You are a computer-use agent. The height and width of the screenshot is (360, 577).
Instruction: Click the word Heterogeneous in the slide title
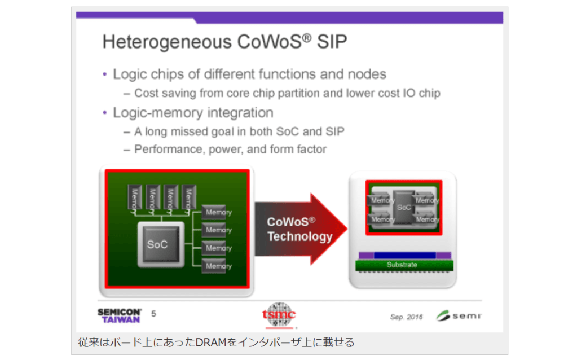click(167, 42)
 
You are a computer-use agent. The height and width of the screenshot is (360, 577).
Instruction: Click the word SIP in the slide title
click(332, 42)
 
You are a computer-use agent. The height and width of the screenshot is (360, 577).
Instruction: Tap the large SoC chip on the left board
click(161, 244)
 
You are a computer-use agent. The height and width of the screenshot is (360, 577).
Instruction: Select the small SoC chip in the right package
click(404, 207)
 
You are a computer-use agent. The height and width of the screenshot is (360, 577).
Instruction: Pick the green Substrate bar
click(404, 265)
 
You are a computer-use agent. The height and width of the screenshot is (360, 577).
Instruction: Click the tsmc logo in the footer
click(279, 315)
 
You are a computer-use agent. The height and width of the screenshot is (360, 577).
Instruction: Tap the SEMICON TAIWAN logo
click(119, 315)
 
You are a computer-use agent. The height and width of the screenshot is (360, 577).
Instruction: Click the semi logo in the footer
click(459, 315)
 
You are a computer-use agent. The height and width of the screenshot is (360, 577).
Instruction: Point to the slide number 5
click(153, 314)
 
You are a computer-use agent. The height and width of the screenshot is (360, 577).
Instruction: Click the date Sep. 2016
click(406, 317)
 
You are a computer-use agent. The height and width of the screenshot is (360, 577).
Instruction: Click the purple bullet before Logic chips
click(105, 74)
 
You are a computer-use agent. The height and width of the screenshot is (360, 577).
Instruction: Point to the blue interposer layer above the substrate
click(405, 255)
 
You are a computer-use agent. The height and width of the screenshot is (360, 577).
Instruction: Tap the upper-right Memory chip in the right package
click(426, 200)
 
